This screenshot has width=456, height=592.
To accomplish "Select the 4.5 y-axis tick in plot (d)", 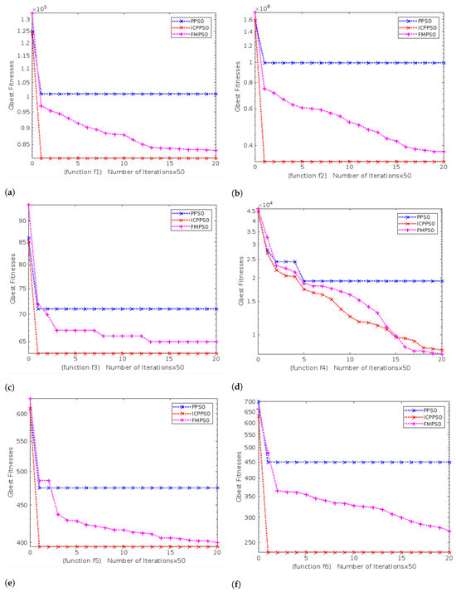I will pos(248,211).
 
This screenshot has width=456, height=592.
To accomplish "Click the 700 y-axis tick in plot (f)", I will pos(246,402).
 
